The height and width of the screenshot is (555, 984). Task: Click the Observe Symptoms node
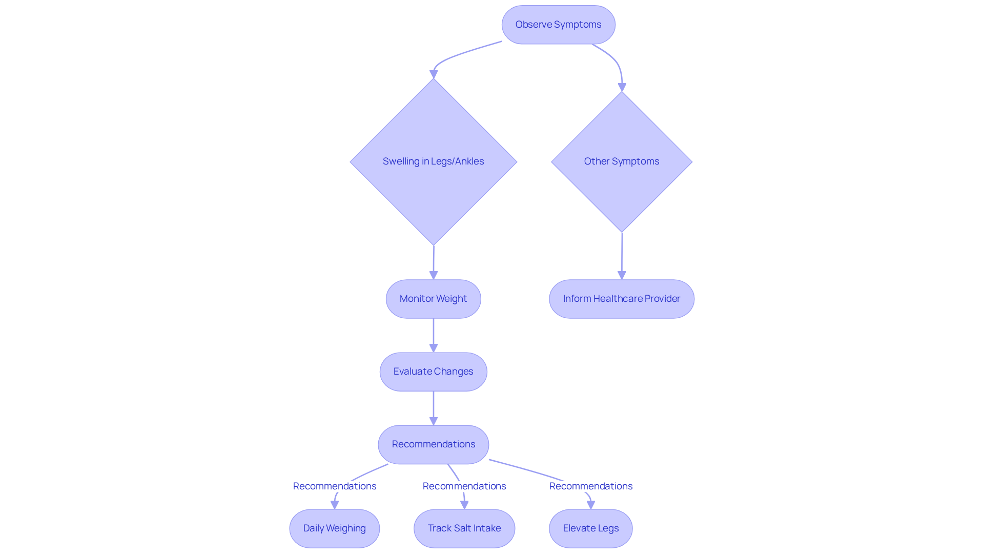pos(558,25)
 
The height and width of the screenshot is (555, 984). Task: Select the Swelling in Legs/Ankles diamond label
pos(433,161)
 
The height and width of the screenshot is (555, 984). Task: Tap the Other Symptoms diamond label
pos(621,161)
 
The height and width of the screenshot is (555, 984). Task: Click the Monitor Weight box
pos(433,299)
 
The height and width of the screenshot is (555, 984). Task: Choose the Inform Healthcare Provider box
pos(621,299)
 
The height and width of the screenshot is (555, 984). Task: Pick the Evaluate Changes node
pos(433,372)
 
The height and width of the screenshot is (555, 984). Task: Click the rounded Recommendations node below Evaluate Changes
pos(433,444)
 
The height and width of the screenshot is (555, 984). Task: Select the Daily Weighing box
pos(334,528)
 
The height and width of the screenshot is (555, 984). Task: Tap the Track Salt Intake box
pos(464,528)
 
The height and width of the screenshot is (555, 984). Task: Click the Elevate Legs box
pos(590,528)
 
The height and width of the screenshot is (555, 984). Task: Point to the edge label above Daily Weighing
pos(334,486)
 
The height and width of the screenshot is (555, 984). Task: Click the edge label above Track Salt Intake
pos(464,486)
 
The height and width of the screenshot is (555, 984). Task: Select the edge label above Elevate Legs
pos(590,486)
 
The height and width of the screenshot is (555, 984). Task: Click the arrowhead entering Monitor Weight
pos(433,275)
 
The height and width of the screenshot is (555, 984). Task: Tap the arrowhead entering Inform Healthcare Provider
pos(622,275)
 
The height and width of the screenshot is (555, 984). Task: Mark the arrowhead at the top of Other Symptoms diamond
pos(622,87)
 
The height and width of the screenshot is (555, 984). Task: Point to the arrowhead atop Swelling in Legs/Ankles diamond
pos(434,74)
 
